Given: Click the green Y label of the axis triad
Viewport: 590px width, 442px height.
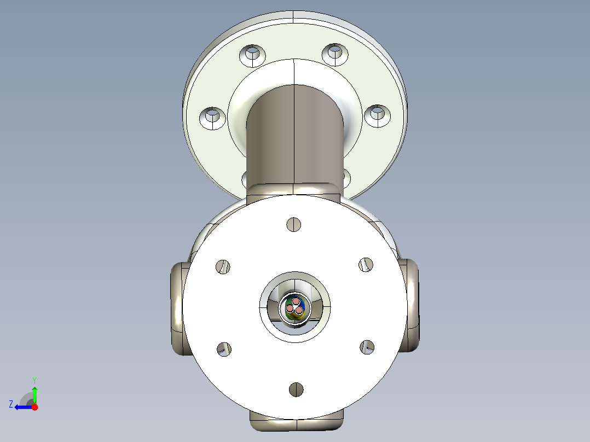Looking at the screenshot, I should pos(34,380).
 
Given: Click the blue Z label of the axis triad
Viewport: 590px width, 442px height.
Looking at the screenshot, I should pos(11,404).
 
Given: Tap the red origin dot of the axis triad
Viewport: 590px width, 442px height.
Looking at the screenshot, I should pos(35,407).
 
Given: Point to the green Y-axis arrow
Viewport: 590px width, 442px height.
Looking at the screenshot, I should pos(35,394).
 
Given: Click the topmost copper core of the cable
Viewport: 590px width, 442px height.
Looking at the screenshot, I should pos(296,301).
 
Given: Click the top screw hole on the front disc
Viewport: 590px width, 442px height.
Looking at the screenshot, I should pos(294,224).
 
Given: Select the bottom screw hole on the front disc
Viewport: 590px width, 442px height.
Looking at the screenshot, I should pos(296,389).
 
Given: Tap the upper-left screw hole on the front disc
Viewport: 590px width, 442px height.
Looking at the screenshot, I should pos(223,266).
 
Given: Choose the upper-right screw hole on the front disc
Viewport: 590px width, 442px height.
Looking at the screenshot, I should pos(366,264).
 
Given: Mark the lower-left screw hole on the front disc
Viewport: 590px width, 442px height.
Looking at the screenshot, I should pos(223,349).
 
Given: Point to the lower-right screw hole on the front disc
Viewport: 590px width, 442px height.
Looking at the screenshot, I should pos(367,346).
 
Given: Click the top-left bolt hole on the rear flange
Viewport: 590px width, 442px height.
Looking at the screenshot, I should pos(252,55).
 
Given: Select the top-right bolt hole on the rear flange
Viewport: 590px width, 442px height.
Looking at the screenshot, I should pos(334,54).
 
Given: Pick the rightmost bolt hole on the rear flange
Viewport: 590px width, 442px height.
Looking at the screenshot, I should pos(377,115).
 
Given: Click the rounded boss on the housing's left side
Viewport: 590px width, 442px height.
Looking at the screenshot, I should pos(176,309).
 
